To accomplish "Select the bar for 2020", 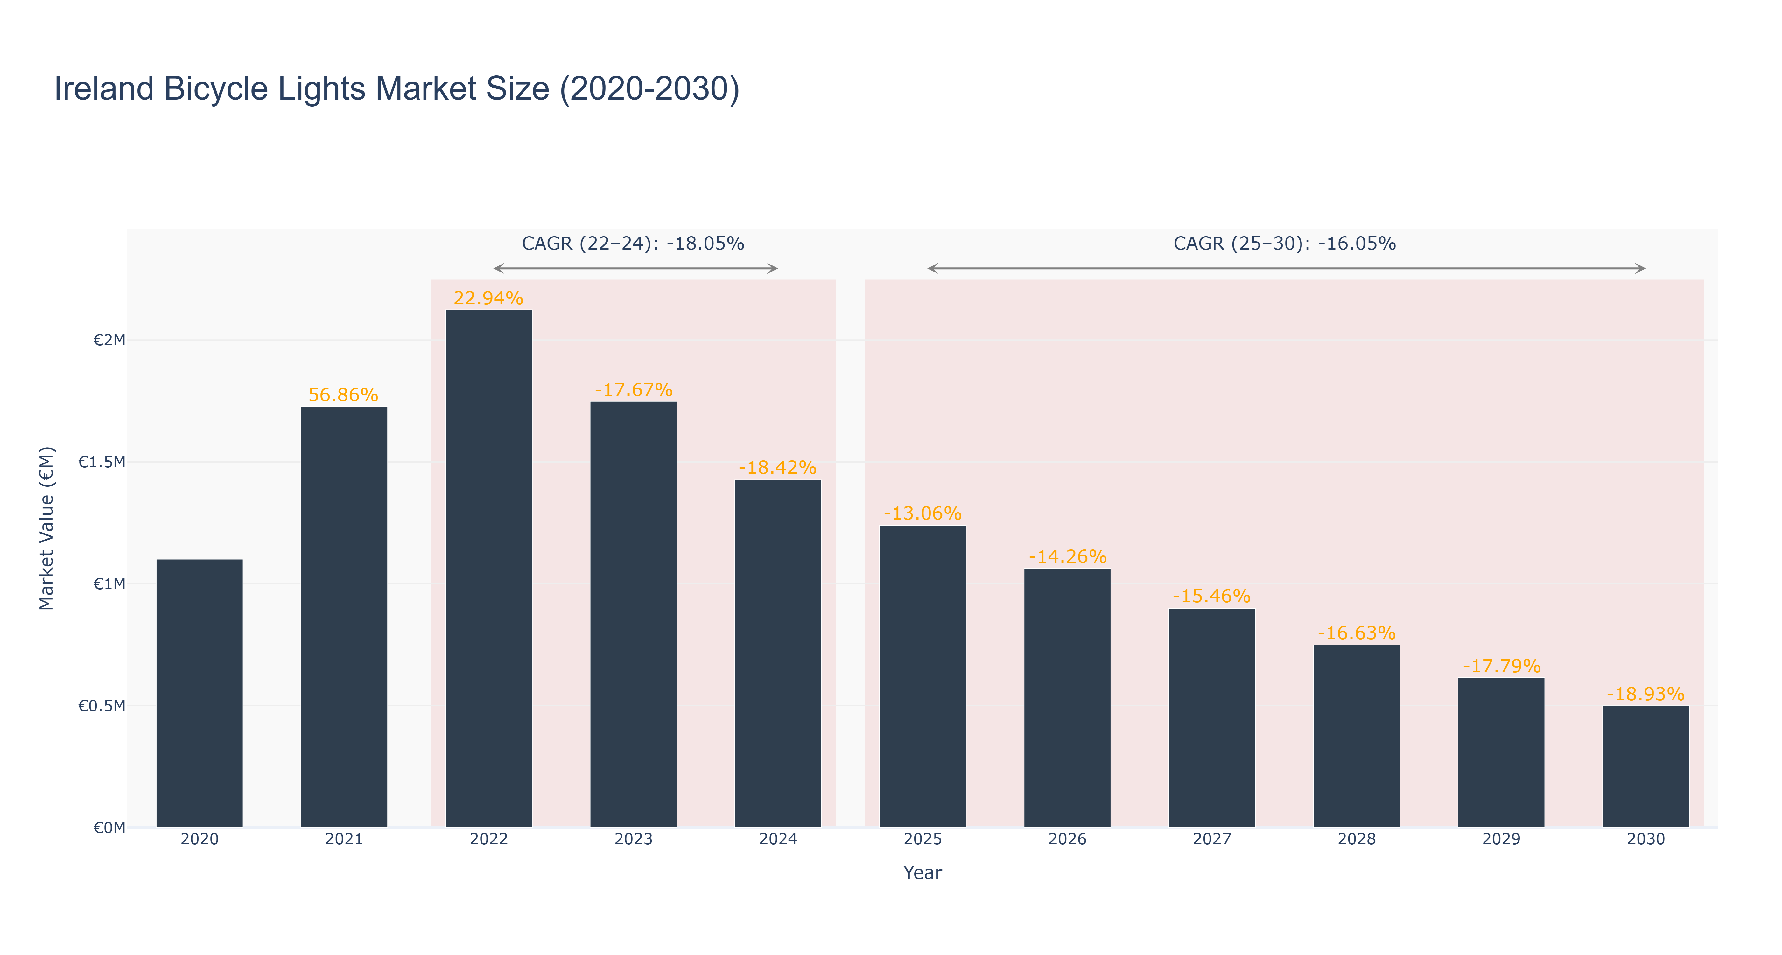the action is pyautogui.click(x=199, y=693).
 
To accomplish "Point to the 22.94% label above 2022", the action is pyautogui.click(x=488, y=298).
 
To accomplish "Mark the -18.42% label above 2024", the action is pyautogui.click(x=777, y=468).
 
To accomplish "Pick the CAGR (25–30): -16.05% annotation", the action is pyautogui.click(x=1285, y=244).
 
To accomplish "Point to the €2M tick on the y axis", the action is pyautogui.click(x=109, y=341).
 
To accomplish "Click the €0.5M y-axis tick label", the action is pyautogui.click(x=102, y=706).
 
